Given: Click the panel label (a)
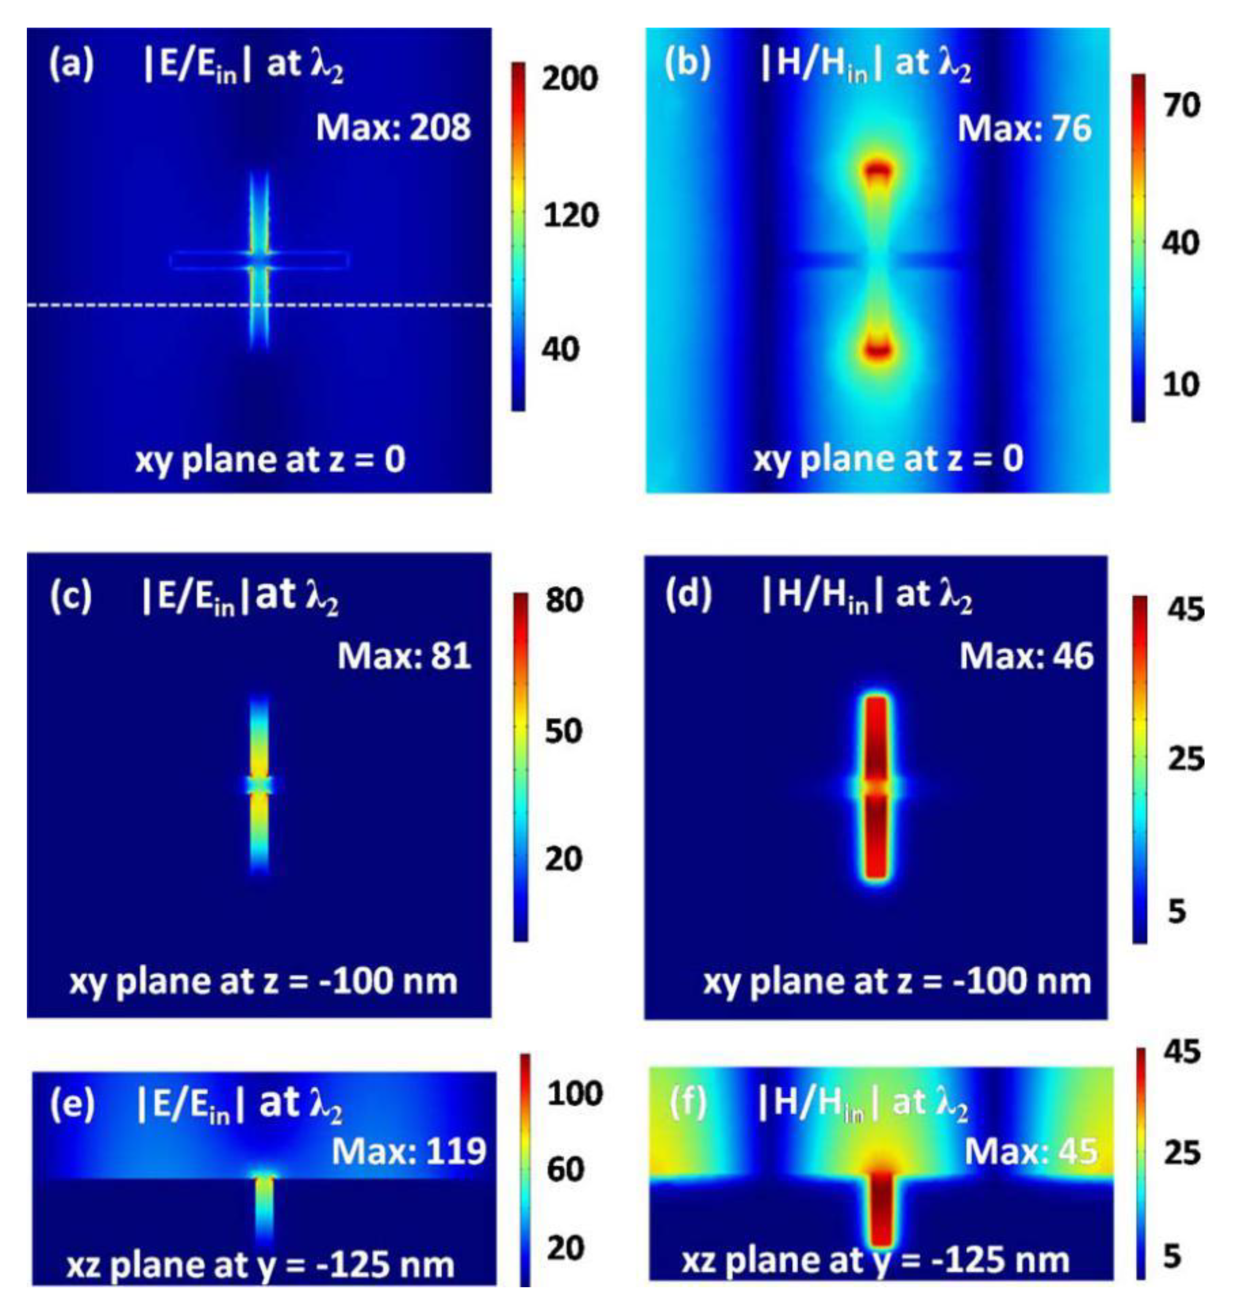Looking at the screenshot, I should pyautogui.click(x=71, y=65).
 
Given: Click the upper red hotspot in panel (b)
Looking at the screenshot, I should pyautogui.click(x=878, y=170).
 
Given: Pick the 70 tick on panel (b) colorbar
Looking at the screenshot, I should pyautogui.click(x=1182, y=105).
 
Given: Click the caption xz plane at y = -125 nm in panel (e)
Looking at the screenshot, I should pyautogui.click(x=260, y=1265).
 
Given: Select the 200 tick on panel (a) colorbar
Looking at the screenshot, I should pyautogui.click(x=570, y=78).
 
